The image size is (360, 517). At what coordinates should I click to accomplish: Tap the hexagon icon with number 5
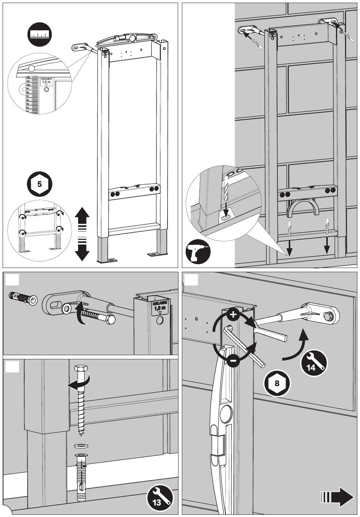coord(39,184)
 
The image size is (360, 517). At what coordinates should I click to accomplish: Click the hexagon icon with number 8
coord(277,383)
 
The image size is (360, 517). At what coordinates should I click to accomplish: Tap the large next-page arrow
coord(337,497)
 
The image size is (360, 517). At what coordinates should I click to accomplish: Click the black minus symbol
coord(234,360)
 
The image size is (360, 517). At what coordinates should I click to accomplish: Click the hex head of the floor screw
coord(81,370)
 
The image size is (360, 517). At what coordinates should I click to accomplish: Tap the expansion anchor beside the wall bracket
coord(23,298)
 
